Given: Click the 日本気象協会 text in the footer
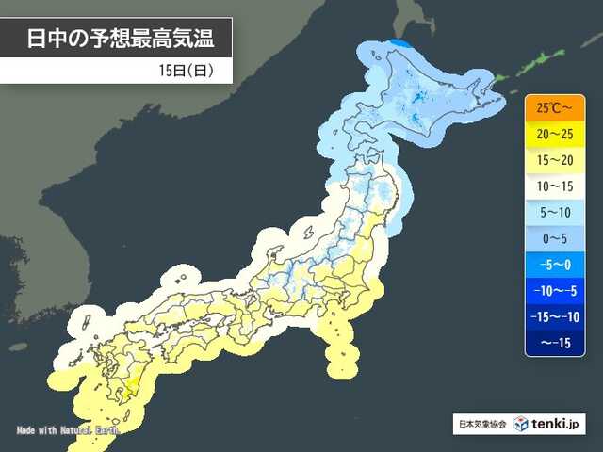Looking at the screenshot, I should [481, 424].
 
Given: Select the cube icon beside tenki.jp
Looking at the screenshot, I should [520, 424].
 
